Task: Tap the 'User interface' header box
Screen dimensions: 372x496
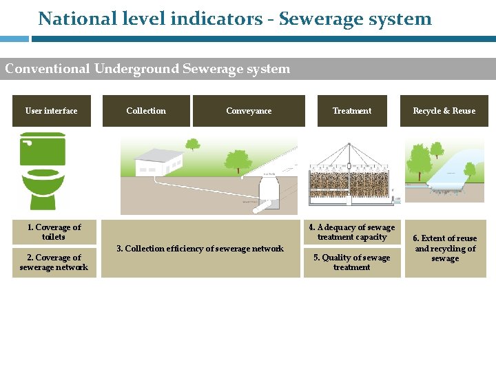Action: tap(52, 111)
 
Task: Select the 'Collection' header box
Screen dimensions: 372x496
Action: tap(146, 111)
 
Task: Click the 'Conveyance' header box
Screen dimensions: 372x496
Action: tap(249, 111)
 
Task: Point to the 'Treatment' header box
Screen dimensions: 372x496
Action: tap(352, 111)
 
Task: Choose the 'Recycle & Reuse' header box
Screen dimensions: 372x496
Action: tap(444, 111)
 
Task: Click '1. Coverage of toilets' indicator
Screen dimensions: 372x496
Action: tap(54, 232)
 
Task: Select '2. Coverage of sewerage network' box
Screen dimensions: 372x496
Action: tap(54, 262)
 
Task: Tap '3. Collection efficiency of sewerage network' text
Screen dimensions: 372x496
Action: tap(200, 249)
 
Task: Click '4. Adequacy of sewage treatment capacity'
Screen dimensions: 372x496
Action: tap(352, 232)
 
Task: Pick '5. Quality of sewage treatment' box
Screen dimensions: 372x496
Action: tap(352, 262)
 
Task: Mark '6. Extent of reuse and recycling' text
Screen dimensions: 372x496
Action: tap(445, 249)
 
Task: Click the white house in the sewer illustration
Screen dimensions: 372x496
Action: tap(158, 163)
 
